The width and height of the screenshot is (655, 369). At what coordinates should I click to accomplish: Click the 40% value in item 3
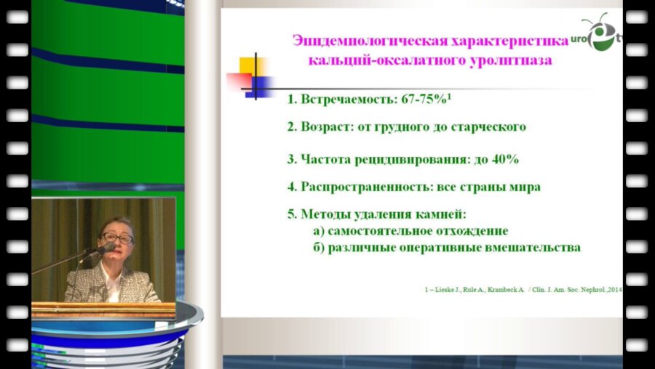click(x=504, y=158)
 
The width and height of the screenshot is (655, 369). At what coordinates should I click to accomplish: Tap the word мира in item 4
click(x=525, y=187)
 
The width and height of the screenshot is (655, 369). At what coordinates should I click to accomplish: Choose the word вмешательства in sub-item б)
click(x=537, y=248)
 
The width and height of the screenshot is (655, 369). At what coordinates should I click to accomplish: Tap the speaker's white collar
click(x=114, y=283)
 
